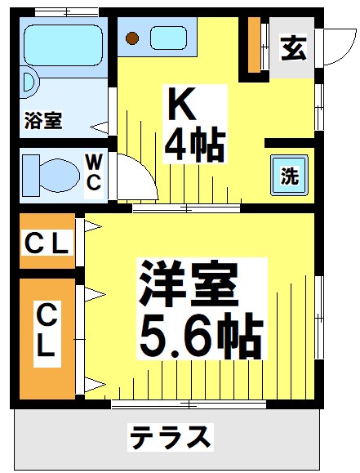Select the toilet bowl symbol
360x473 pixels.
[53, 173]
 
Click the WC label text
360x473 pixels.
[94, 172]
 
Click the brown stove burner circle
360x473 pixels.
[135, 38]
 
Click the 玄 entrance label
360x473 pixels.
[293, 48]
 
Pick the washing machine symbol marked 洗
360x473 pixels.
[290, 176]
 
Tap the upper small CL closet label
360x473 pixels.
[47, 243]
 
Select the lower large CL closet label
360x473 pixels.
[46, 332]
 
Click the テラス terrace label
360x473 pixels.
[171, 437]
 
